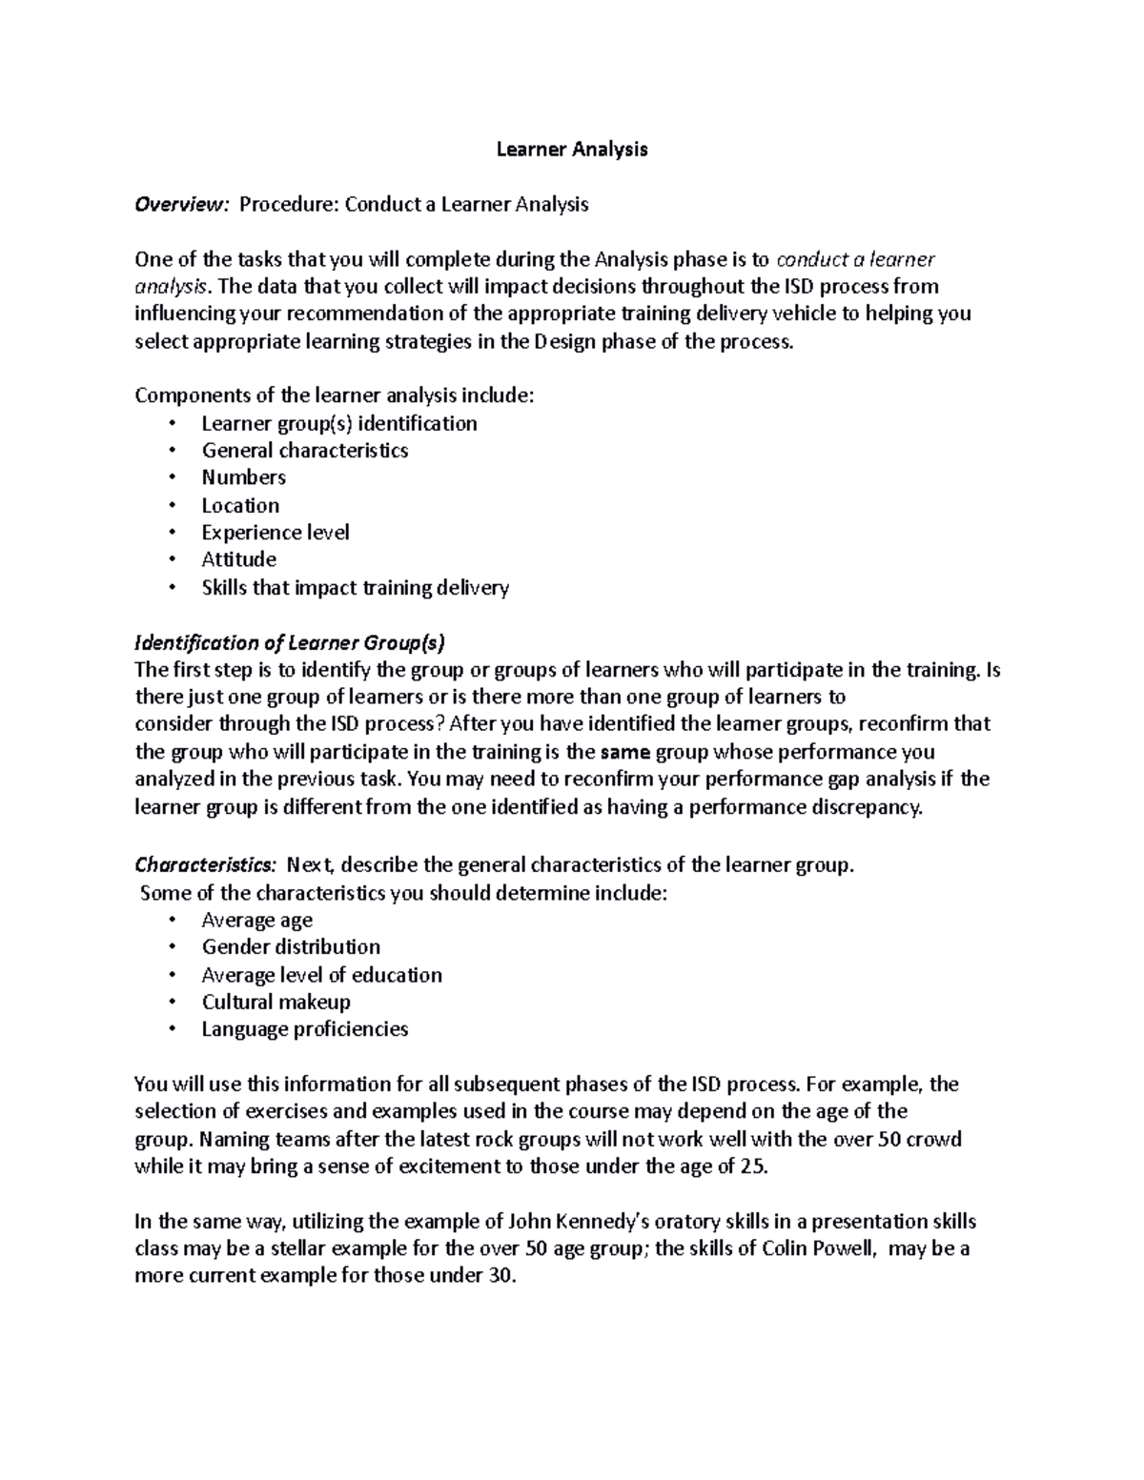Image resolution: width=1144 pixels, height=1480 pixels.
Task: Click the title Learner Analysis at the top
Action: [x=572, y=149]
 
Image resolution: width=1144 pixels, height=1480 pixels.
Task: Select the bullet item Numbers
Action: [x=243, y=477]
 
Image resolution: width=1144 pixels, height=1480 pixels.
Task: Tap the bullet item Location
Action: [x=240, y=505]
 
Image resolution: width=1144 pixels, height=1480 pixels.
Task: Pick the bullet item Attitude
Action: [x=238, y=559]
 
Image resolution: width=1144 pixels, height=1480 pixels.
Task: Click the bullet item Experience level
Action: [x=275, y=532]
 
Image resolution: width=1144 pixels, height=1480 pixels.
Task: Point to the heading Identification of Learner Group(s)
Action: [x=290, y=642]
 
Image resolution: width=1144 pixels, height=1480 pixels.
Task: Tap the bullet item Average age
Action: [x=256, y=920]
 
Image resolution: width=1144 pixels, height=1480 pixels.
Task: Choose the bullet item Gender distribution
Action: [x=291, y=946]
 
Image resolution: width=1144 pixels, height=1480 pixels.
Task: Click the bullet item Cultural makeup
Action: [x=276, y=1002]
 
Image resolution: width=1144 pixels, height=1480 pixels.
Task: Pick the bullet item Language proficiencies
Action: [x=304, y=1029]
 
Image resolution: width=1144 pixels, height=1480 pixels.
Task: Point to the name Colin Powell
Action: [x=818, y=1248]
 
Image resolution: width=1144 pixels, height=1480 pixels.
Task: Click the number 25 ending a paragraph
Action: [x=751, y=1166]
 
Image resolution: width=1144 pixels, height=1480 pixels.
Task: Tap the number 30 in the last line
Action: [x=500, y=1276]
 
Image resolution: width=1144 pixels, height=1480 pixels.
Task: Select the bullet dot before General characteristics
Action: [x=172, y=451]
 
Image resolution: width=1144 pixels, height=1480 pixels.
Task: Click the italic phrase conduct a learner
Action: [x=856, y=259]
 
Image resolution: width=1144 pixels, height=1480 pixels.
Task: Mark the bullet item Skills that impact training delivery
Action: [x=355, y=587]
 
